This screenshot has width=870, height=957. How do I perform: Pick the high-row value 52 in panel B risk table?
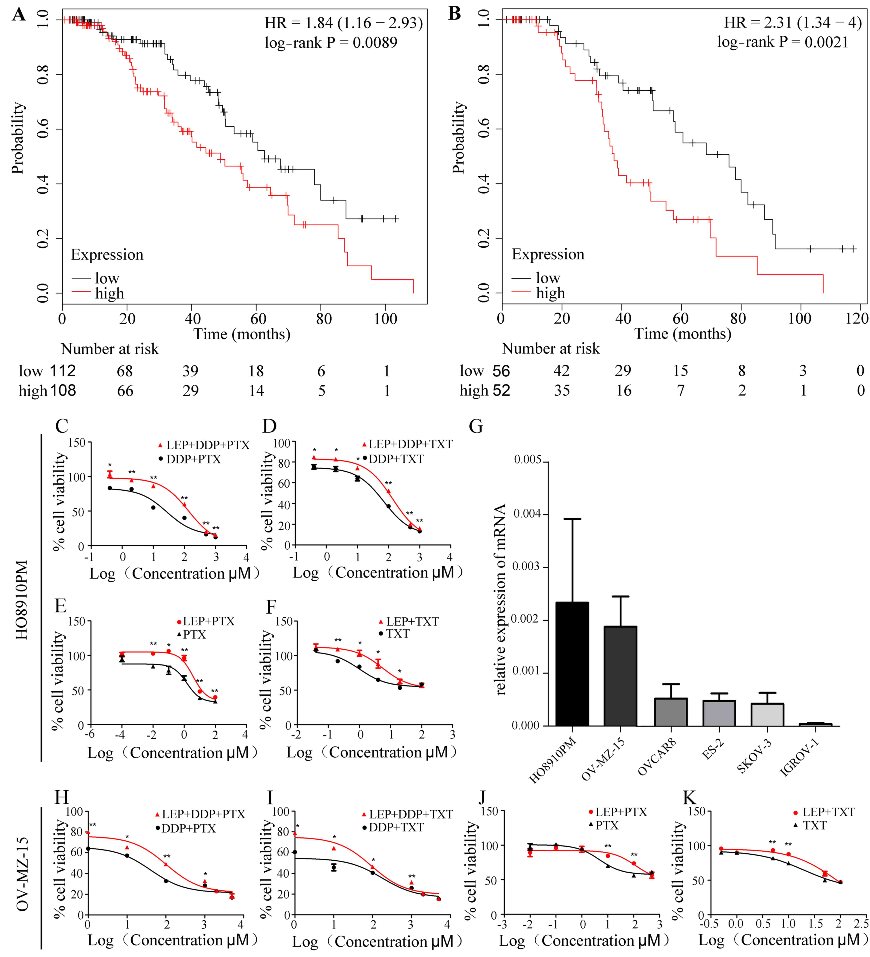(501, 390)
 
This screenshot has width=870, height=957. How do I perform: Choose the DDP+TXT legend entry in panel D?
(393, 459)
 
